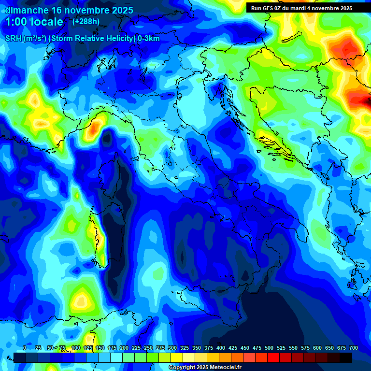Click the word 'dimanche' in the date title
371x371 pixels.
point(26,10)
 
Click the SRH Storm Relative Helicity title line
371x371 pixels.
point(82,39)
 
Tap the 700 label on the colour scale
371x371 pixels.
point(354,348)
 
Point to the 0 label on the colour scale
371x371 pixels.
point(25,348)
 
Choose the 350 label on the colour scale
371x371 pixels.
point(197,348)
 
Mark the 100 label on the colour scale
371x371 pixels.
point(76,348)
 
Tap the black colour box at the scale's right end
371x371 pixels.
point(346,357)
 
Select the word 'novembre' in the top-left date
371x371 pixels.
point(84,10)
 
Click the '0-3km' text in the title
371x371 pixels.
point(149,39)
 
